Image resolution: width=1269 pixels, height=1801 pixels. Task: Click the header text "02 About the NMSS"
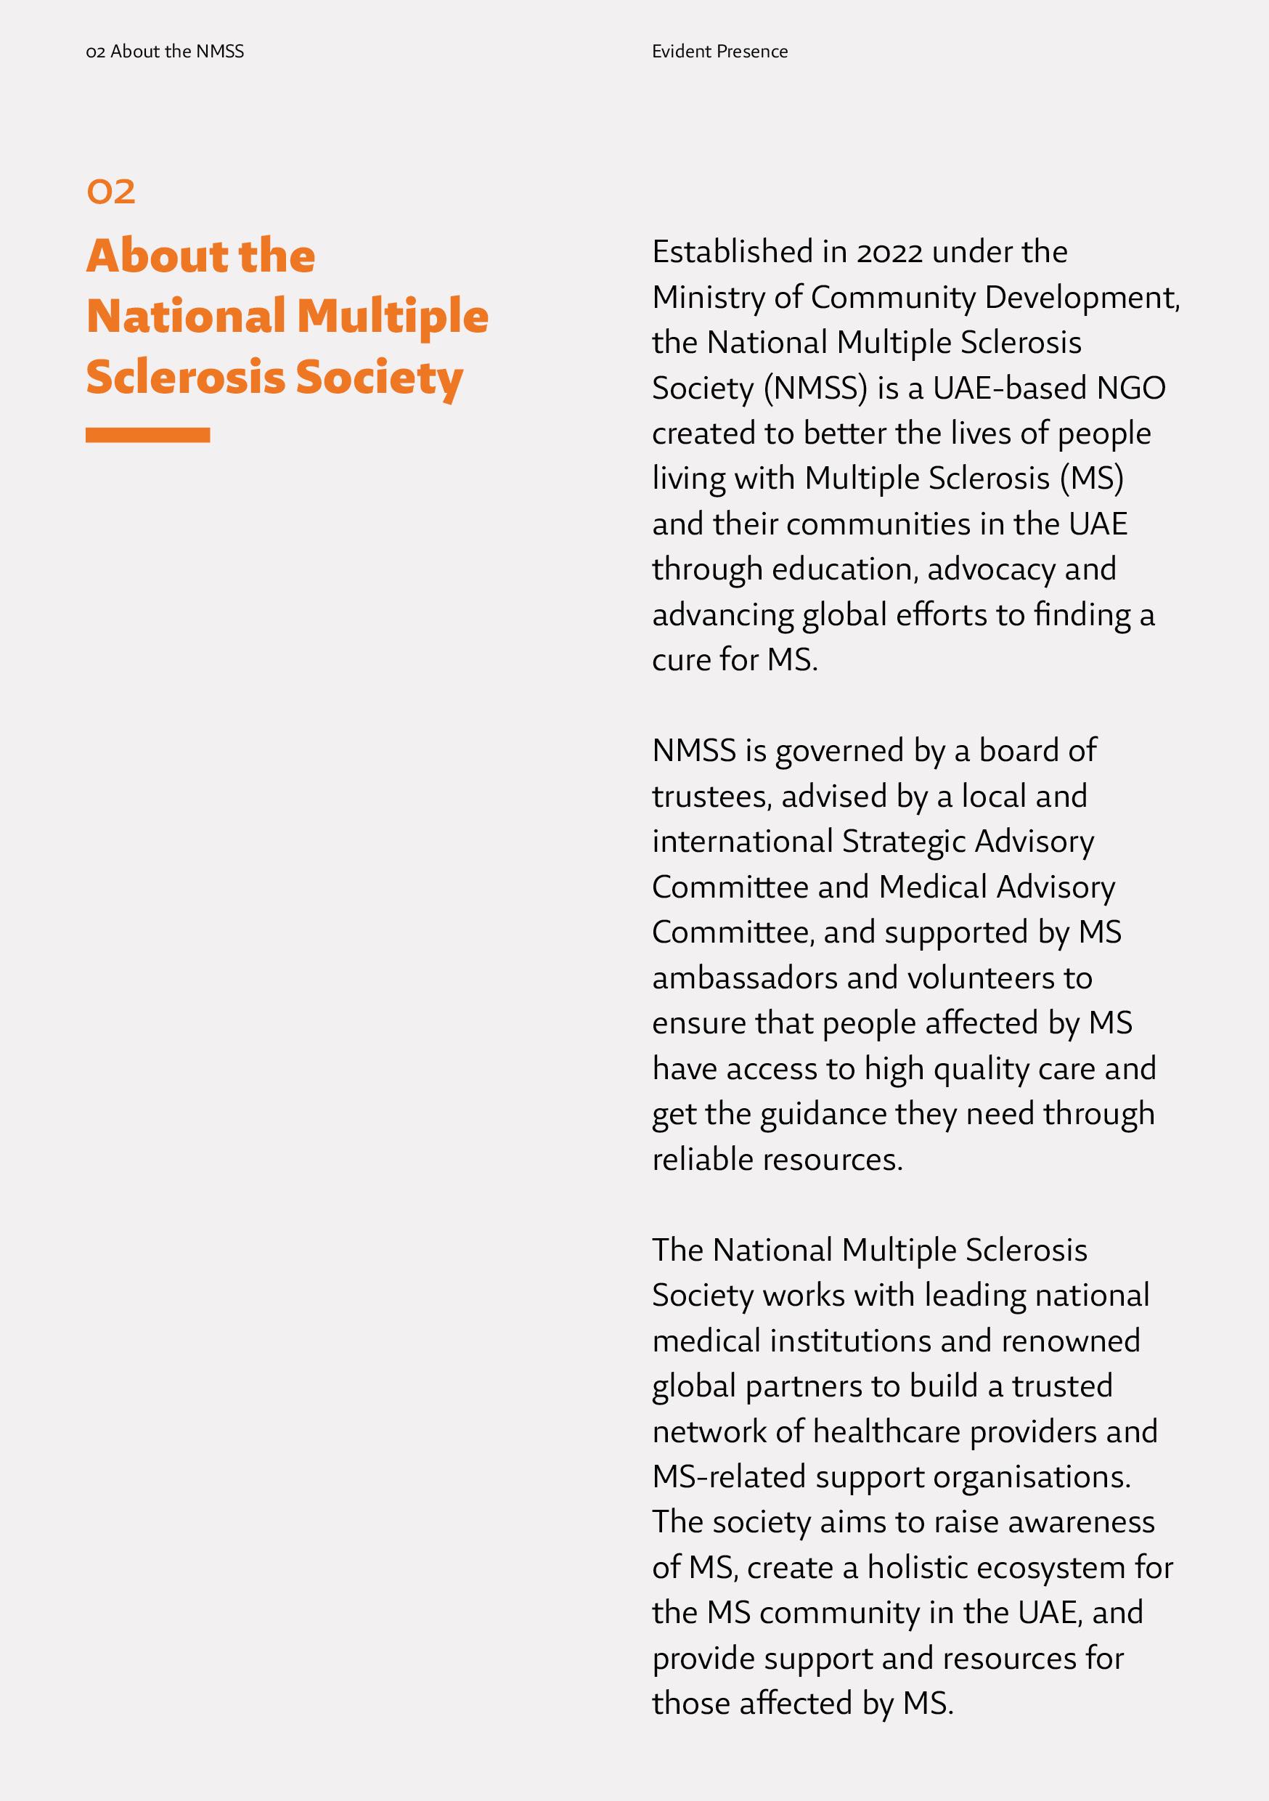coord(165,52)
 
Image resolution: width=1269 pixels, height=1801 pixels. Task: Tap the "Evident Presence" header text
coord(719,52)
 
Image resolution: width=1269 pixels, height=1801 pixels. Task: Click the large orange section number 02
coord(110,192)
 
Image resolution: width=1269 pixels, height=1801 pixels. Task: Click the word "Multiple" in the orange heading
coord(392,316)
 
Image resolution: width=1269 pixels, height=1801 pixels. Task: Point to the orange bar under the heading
coord(147,435)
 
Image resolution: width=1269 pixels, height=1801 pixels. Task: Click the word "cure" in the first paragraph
coord(682,660)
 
